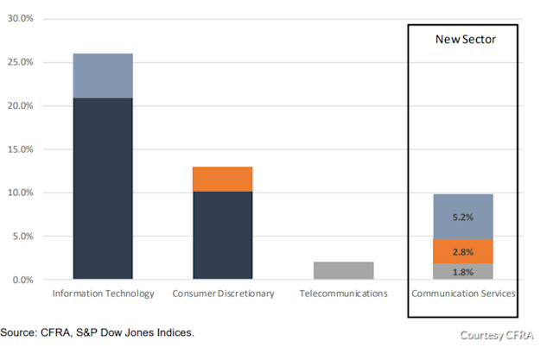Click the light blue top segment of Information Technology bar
103,76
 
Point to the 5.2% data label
462,218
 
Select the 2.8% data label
462,251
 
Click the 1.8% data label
462,272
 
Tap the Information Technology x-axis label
103,294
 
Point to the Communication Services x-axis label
462,294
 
